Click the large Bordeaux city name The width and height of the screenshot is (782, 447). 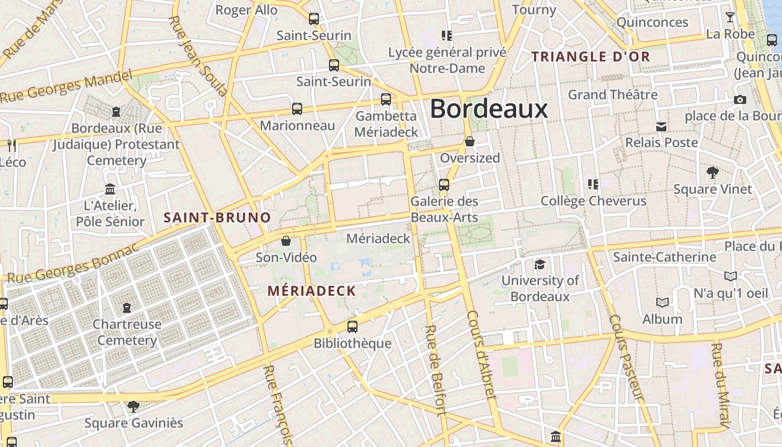(x=489, y=108)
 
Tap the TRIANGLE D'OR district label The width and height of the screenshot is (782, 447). (x=591, y=56)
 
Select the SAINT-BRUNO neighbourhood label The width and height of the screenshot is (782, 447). (x=217, y=217)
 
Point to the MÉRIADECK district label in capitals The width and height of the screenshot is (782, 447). (x=312, y=291)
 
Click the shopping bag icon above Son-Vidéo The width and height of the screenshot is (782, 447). (x=286, y=241)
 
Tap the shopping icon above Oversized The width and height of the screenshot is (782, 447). (x=470, y=141)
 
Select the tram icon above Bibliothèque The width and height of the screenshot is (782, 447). (x=352, y=327)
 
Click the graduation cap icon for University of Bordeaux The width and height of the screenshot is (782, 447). (x=540, y=264)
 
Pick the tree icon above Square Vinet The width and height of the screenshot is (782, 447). (x=712, y=172)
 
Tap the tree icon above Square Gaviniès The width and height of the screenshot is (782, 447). (x=133, y=406)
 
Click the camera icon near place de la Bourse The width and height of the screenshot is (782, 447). (x=740, y=99)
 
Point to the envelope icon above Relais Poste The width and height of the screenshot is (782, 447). (x=661, y=126)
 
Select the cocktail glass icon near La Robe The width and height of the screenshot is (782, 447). (x=729, y=17)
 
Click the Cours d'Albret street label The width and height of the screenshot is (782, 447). (x=481, y=355)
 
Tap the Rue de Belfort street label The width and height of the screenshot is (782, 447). (x=435, y=370)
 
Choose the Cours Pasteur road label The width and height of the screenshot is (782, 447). (x=626, y=358)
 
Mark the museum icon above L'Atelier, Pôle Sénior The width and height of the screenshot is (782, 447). (x=110, y=189)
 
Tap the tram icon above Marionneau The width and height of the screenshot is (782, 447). (x=297, y=109)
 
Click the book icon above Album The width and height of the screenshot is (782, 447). (x=662, y=302)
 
